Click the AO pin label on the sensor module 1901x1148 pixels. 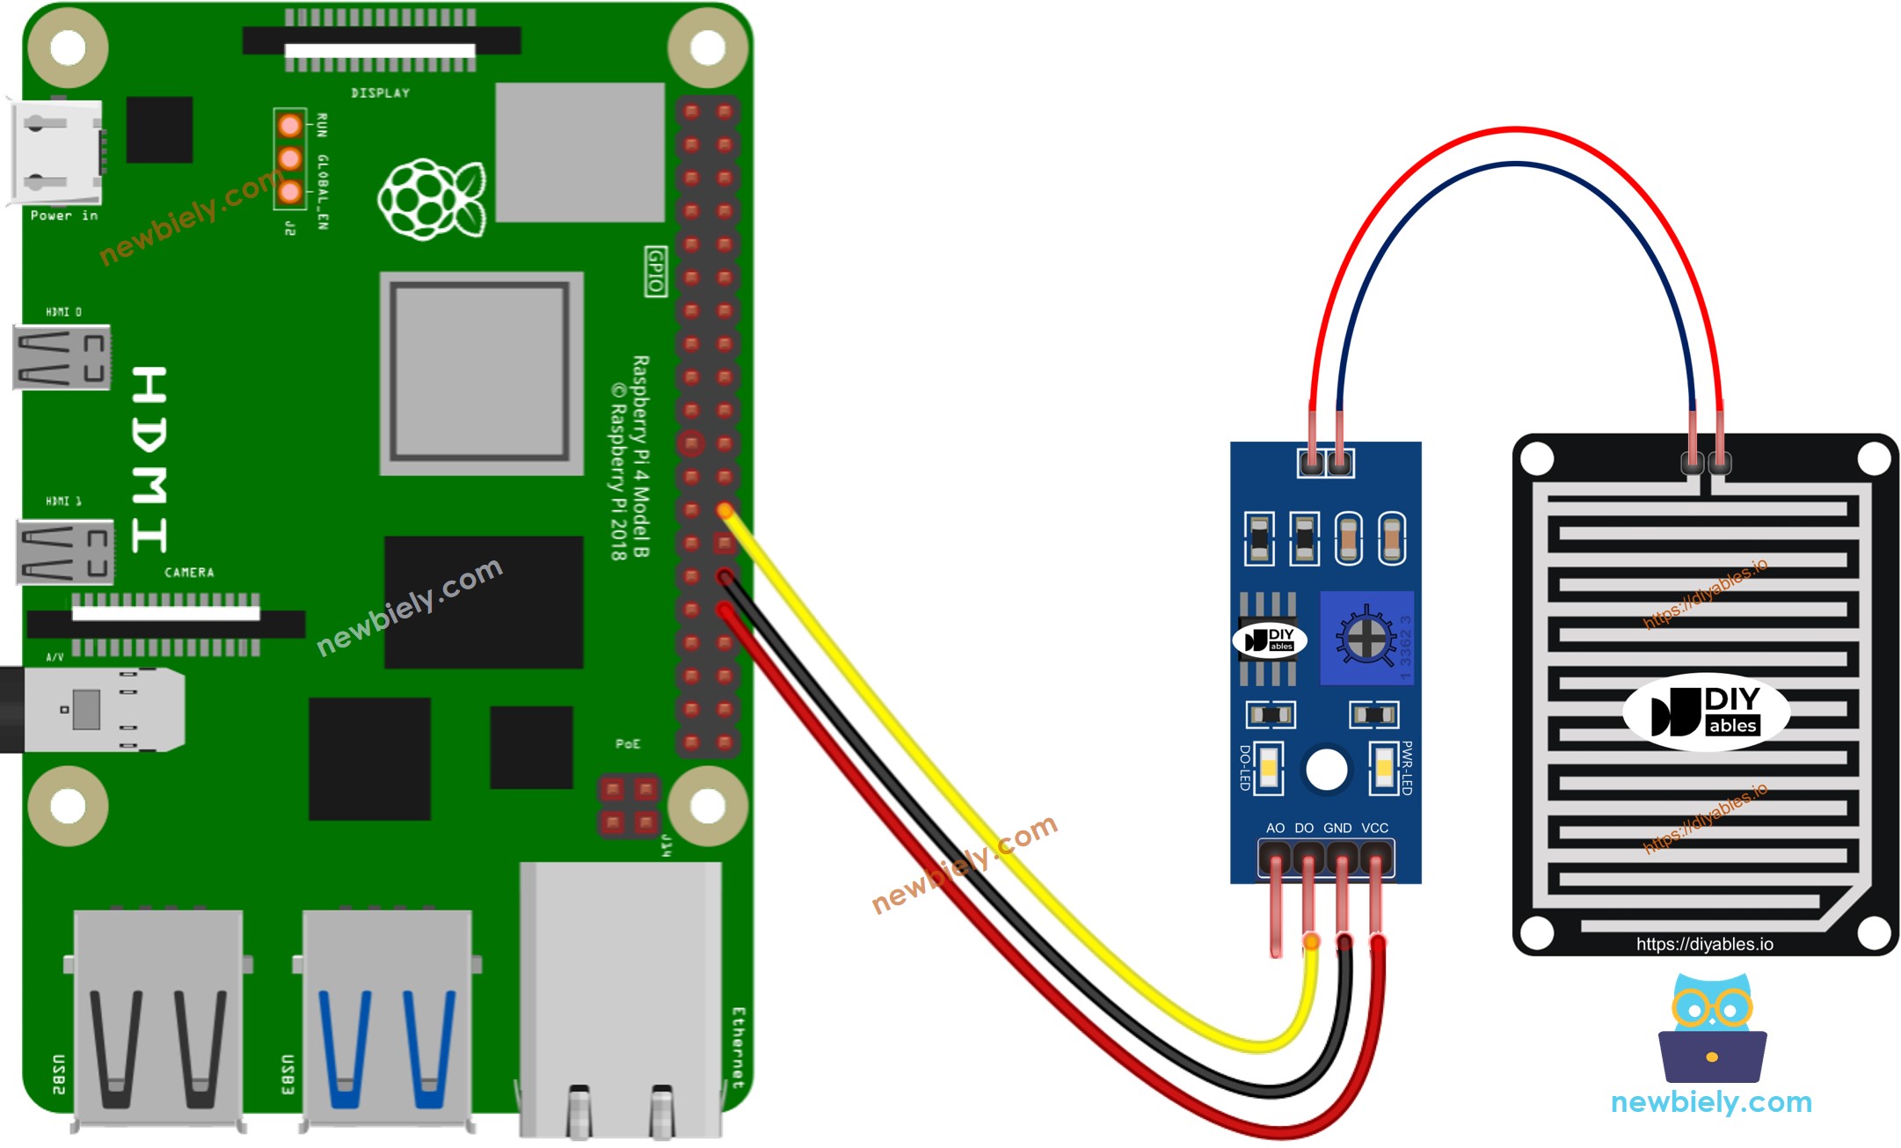point(1275,828)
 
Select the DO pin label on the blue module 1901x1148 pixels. point(1304,828)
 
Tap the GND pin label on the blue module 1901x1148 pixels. point(1337,828)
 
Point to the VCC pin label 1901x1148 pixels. point(1374,828)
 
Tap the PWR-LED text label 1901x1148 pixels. point(1407,768)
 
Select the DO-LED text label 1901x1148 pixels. point(1244,768)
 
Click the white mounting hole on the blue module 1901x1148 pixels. point(1326,771)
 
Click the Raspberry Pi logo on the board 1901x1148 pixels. point(431,199)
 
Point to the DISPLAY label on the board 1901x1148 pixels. point(380,93)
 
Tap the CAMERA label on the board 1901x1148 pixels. point(189,573)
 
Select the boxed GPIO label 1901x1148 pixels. point(655,271)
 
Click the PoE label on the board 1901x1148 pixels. point(628,744)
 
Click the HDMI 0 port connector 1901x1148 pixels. point(62,357)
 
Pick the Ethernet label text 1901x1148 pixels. point(738,1048)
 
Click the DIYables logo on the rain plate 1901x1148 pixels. point(1706,712)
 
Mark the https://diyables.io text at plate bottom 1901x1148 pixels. point(1704,944)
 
